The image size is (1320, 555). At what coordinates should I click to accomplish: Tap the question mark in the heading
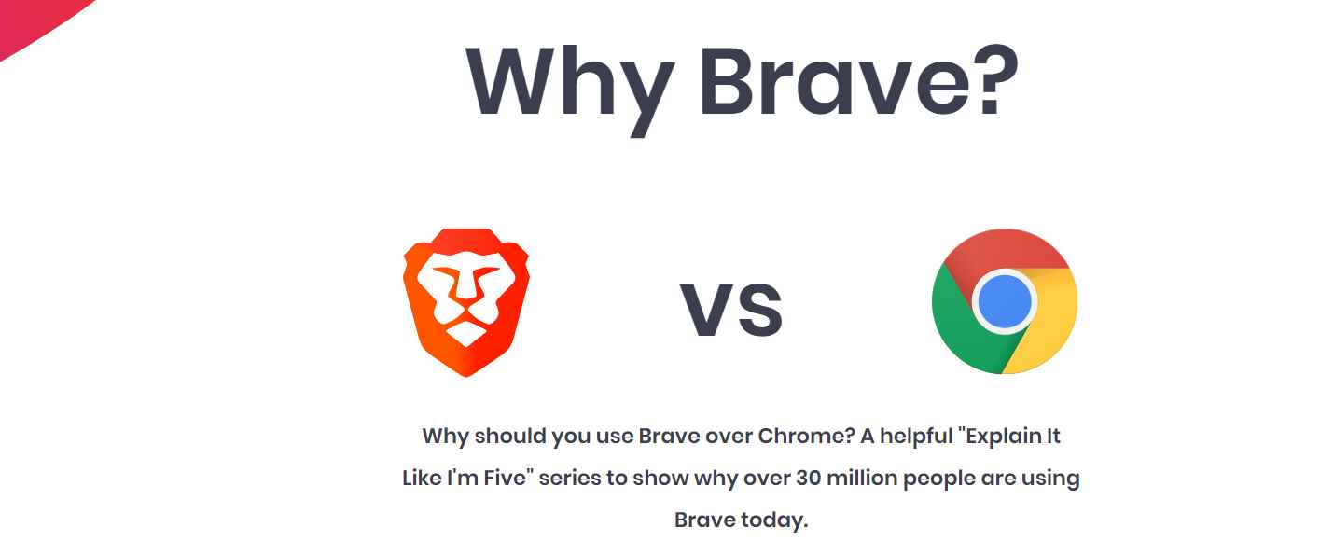point(980,82)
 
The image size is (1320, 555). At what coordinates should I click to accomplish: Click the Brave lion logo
point(465,302)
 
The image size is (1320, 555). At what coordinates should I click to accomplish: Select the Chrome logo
point(1004,301)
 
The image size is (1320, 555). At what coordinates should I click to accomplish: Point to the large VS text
point(731,311)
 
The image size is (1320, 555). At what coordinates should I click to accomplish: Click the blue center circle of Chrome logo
point(1004,301)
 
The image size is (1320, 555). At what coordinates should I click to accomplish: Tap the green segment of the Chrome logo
point(956,326)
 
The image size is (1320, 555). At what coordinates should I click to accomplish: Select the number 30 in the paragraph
point(808,479)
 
